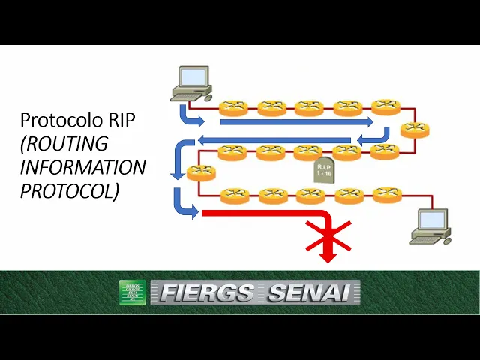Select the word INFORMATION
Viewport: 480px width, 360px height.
click(x=82, y=166)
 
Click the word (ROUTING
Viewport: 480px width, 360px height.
click(x=64, y=143)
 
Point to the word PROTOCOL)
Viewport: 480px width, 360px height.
click(x=69, y=190)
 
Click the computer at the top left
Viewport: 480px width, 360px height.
click(x=191, y=83)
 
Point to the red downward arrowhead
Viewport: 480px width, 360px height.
click(x=328, y=256)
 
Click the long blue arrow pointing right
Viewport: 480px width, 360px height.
click(x=296, y=121)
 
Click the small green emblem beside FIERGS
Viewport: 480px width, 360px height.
click(x=133, y=292)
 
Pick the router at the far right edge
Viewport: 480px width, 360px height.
click(x=414, y=129)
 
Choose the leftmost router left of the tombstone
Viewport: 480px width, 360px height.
click(x=201, y=172)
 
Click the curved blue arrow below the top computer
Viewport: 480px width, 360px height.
click(x=188, y=117)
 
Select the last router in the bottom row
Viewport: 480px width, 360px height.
click(x=387, y=194)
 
